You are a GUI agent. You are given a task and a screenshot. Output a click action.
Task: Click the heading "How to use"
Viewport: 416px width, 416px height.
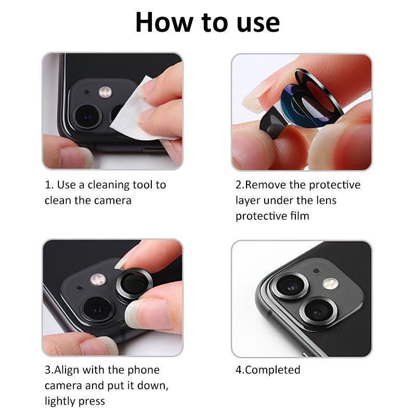click(207, 22)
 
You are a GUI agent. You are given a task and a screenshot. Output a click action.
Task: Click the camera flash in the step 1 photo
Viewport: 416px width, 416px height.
click(106, 92)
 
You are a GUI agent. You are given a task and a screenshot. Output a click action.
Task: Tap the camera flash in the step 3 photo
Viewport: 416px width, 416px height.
click(98, 279)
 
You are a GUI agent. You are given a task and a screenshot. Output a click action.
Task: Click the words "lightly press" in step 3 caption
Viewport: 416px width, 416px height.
click(75, 401)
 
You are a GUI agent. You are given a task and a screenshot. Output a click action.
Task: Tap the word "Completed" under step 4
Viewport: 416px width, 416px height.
click(272, 370)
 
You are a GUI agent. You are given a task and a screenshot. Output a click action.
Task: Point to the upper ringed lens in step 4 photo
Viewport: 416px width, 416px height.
click(290, 286)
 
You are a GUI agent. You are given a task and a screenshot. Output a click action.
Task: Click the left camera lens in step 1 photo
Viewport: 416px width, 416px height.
click(87, 115)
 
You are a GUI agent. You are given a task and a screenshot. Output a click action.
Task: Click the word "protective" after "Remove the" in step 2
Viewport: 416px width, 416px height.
click(335, 185)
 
